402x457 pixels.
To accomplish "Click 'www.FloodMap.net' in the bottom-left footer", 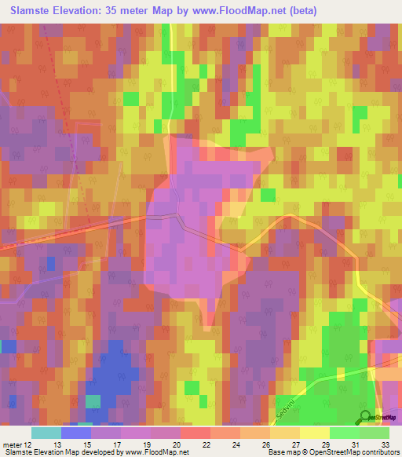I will (x=156, y=452).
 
